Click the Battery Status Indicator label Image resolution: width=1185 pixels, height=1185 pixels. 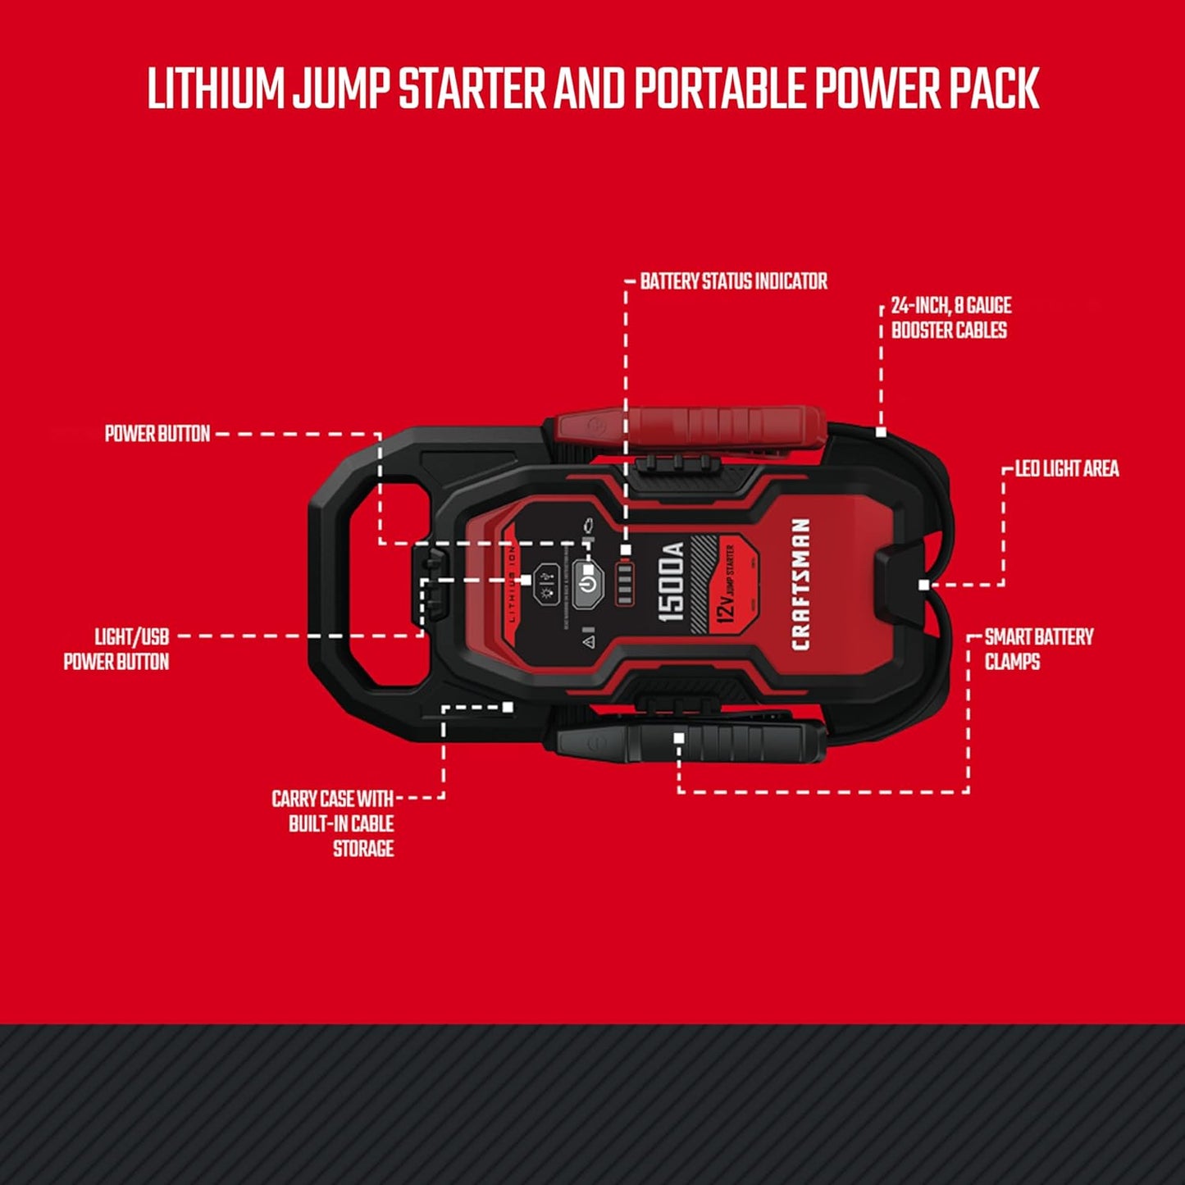coord(733,281)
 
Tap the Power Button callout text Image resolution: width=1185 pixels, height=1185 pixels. coord(157,434)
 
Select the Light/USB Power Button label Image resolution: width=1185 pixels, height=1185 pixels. coord(117,649)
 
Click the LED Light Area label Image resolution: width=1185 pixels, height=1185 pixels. coord(1066,468)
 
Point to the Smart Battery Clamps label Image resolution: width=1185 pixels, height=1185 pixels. coord(1038,649)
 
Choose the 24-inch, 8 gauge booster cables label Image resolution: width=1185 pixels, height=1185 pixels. coord(950,317)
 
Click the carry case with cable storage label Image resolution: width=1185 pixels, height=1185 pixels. coord(334,823)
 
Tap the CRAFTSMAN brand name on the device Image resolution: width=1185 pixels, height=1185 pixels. coord(800,584)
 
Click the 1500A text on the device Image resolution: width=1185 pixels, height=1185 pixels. coord(672,582)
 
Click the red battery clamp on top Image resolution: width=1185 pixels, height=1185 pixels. coord(689,429)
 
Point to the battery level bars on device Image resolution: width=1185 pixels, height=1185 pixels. coord(625,583)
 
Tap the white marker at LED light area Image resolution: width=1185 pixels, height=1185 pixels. coord(924,585)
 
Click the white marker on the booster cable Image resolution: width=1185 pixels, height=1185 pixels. coord(881,432)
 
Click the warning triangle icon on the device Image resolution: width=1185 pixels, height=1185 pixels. coord(588,641)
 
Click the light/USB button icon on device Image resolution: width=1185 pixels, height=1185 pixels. coord(546,584)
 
